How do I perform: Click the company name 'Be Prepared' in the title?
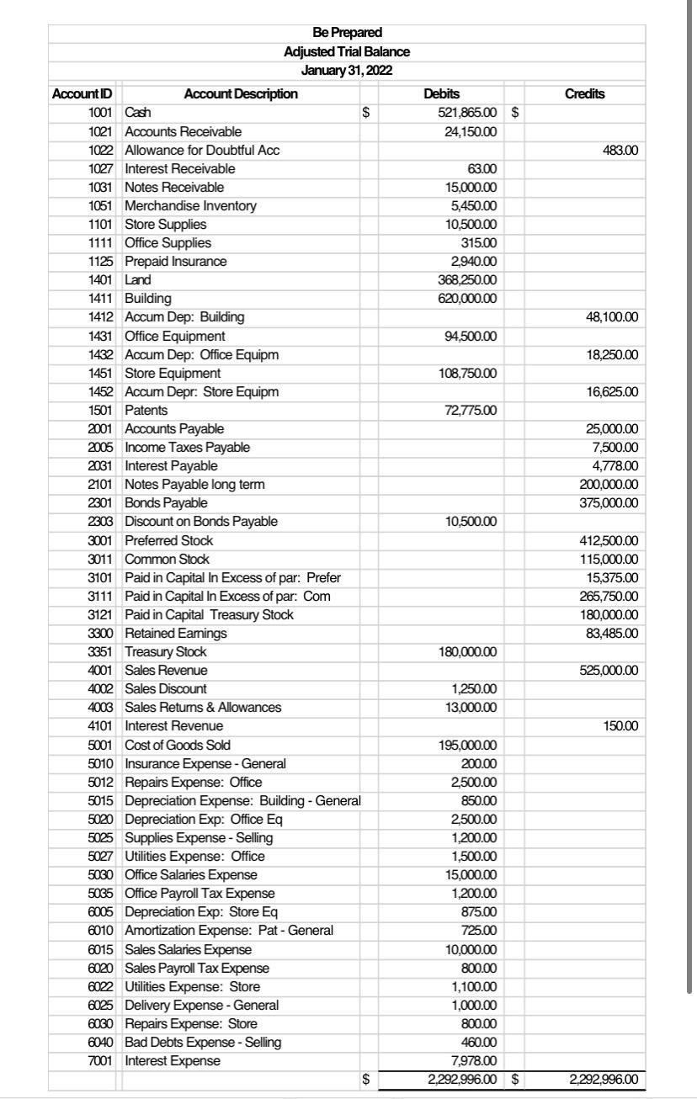pyautogui.click(x=347, y=33)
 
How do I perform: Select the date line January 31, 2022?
pyautogui.click(x=347, y=71)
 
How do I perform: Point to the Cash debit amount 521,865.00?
pyautogui.click(x=466, y=112)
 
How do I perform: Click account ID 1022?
pyautogui.click(x=103, y=150)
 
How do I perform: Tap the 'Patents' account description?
pyautogui.click(x=146, y=410)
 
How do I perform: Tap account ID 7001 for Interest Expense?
pyautogui.click(x=103, y=1060)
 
